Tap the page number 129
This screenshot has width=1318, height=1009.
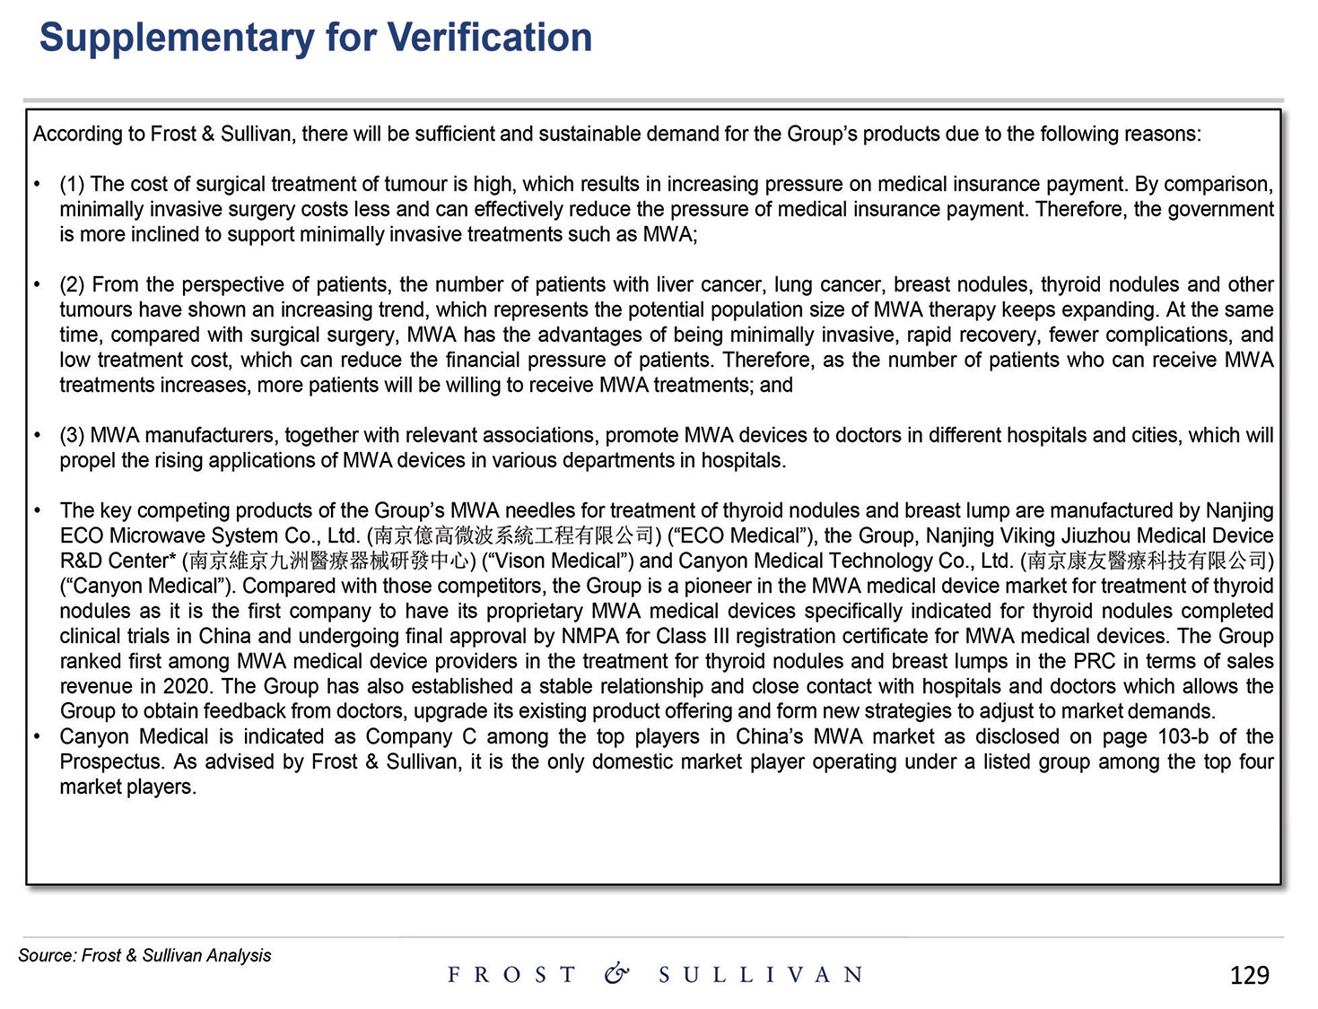tap(1249, 975)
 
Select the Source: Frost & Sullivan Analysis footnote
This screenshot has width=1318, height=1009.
tap(144, 955)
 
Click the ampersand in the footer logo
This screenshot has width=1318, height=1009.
tap(616, 974)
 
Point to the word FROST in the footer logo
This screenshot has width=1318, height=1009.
tap(511, 975)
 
